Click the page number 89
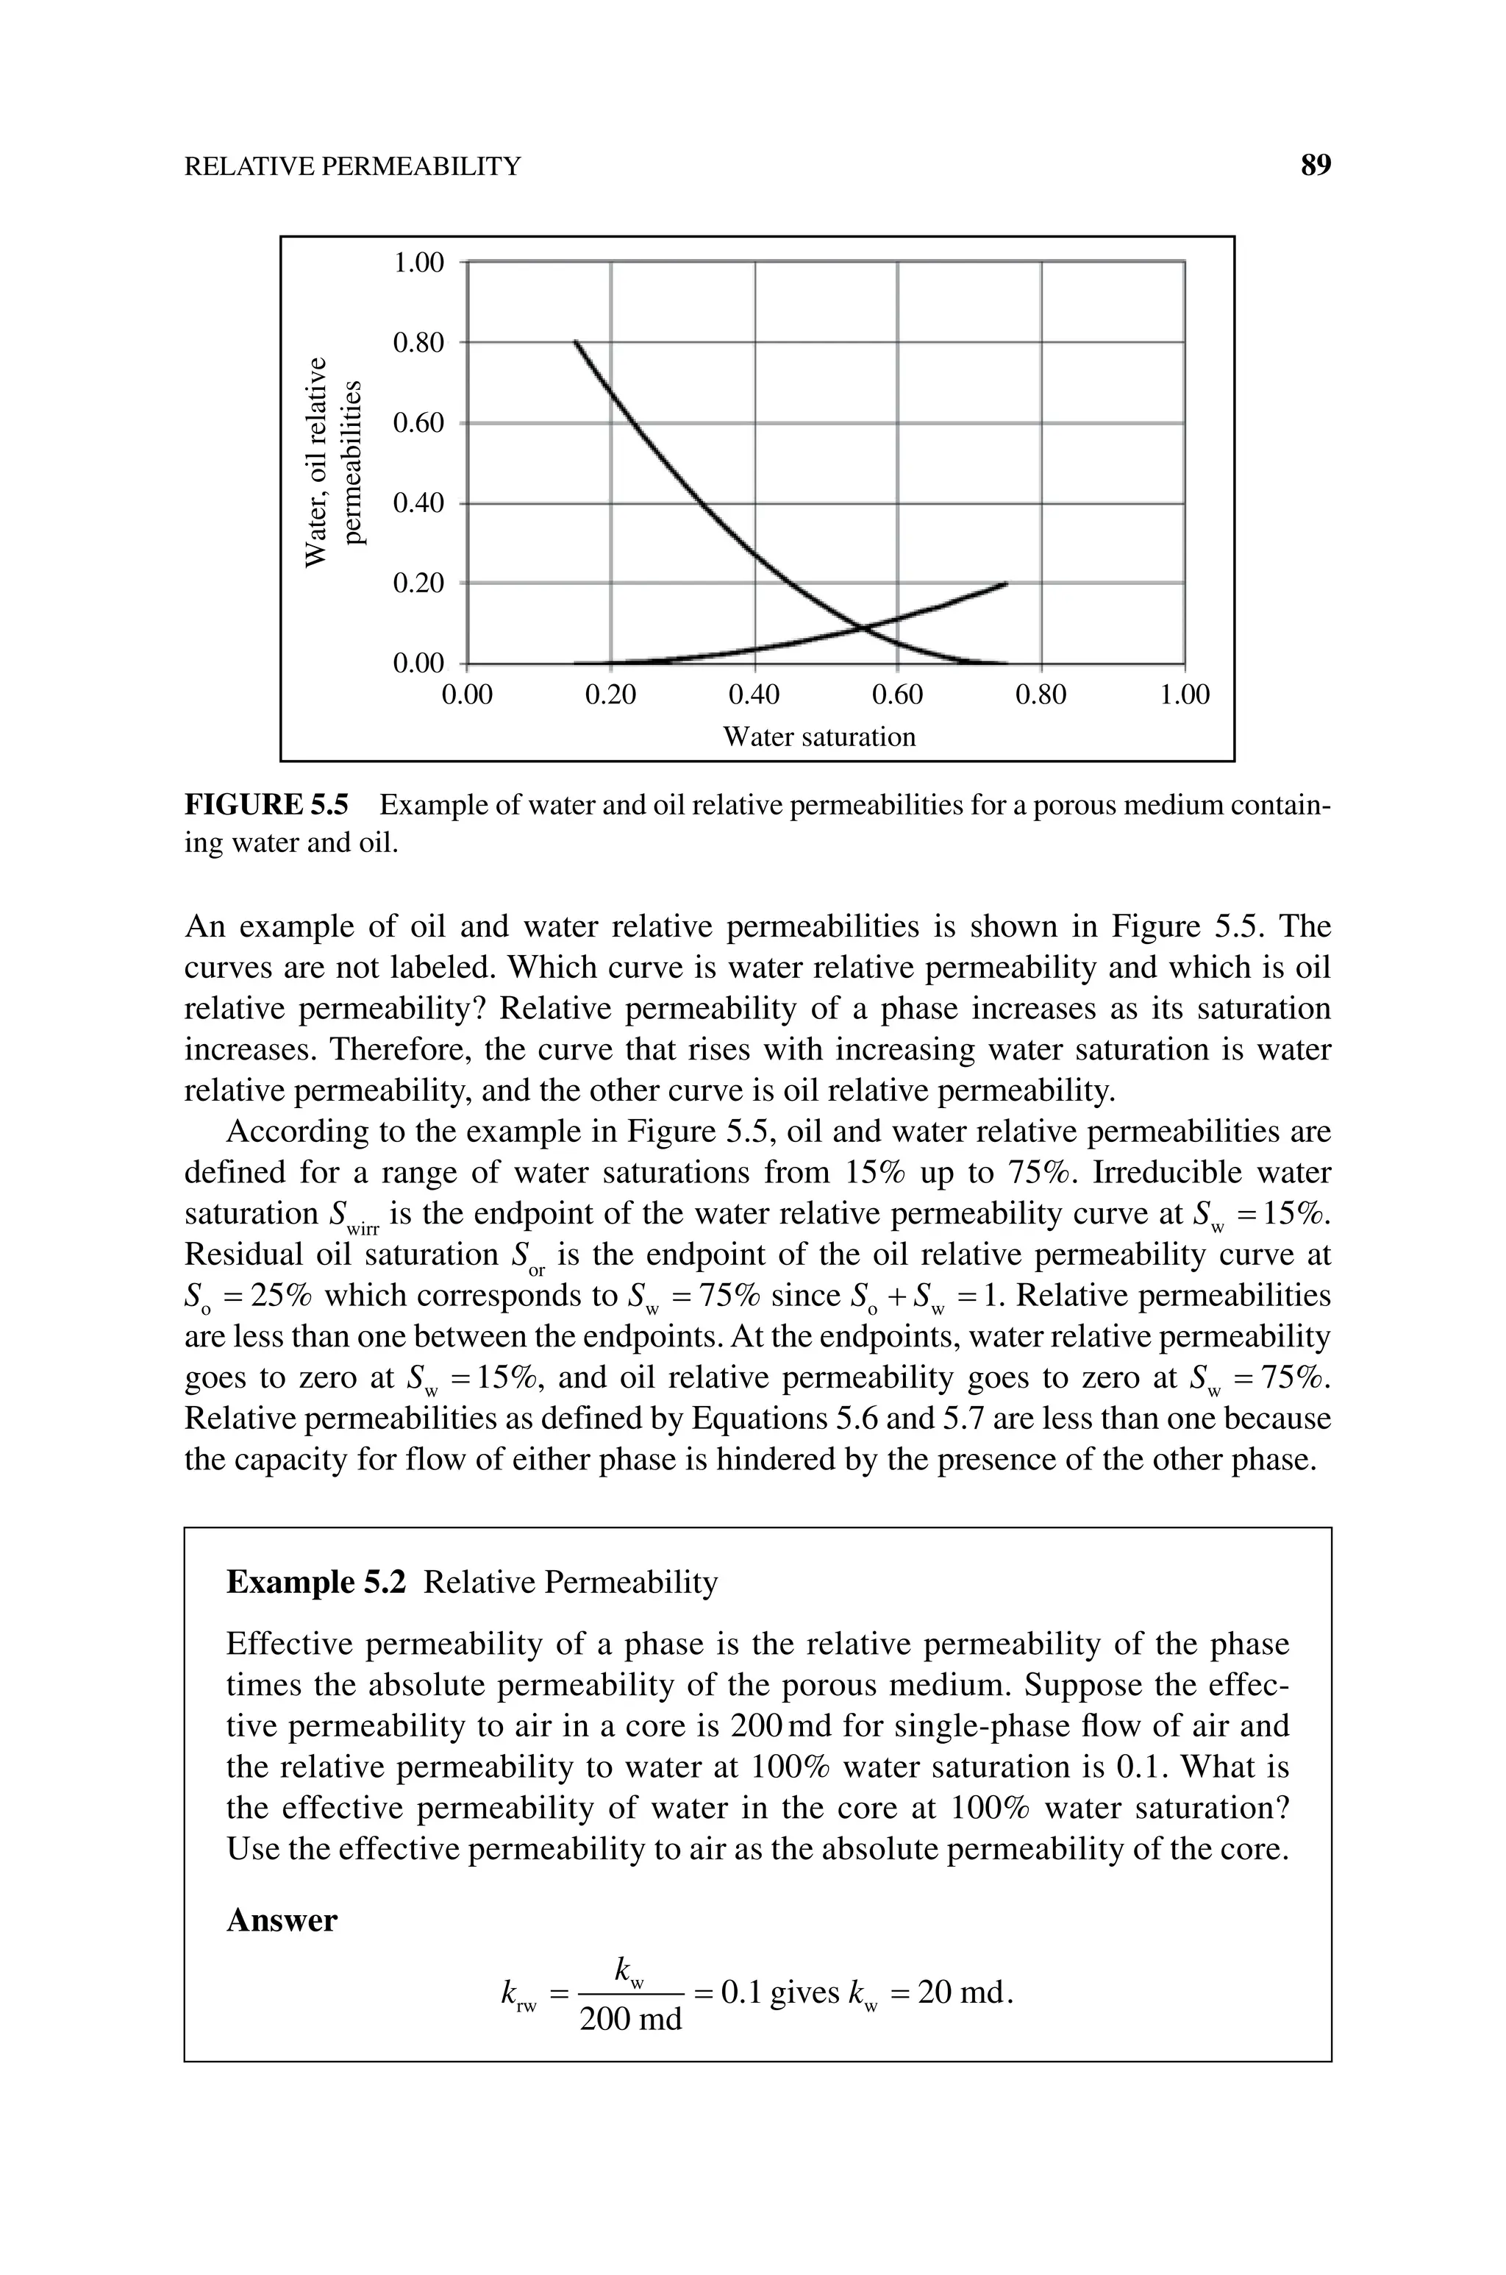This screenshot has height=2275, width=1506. click(1315, 166)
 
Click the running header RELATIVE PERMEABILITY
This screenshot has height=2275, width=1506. click(351, 167)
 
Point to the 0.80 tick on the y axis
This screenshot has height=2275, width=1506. click(418, 343)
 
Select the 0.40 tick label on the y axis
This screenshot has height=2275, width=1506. click(418, 503)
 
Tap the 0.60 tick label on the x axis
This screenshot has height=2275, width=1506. click(897, 695)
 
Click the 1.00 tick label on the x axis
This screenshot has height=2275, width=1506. click(1184, 695)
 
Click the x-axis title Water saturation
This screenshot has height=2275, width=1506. click(818, 737)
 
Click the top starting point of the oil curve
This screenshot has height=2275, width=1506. click(575, 342)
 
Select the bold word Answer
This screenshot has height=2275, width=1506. click(282, 1920)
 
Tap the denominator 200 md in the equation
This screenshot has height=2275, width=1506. click(631, 2020)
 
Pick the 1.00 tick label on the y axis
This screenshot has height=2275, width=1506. click(418, 262)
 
